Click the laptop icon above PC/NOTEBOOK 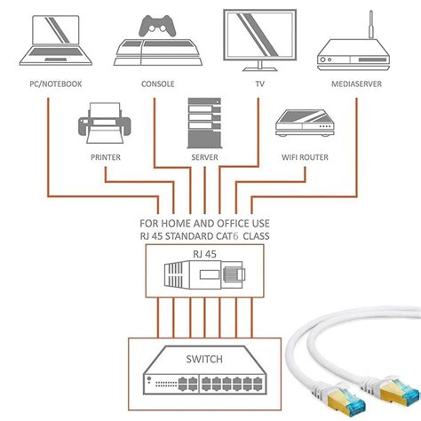pyautogui.click(x=56, y=42)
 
